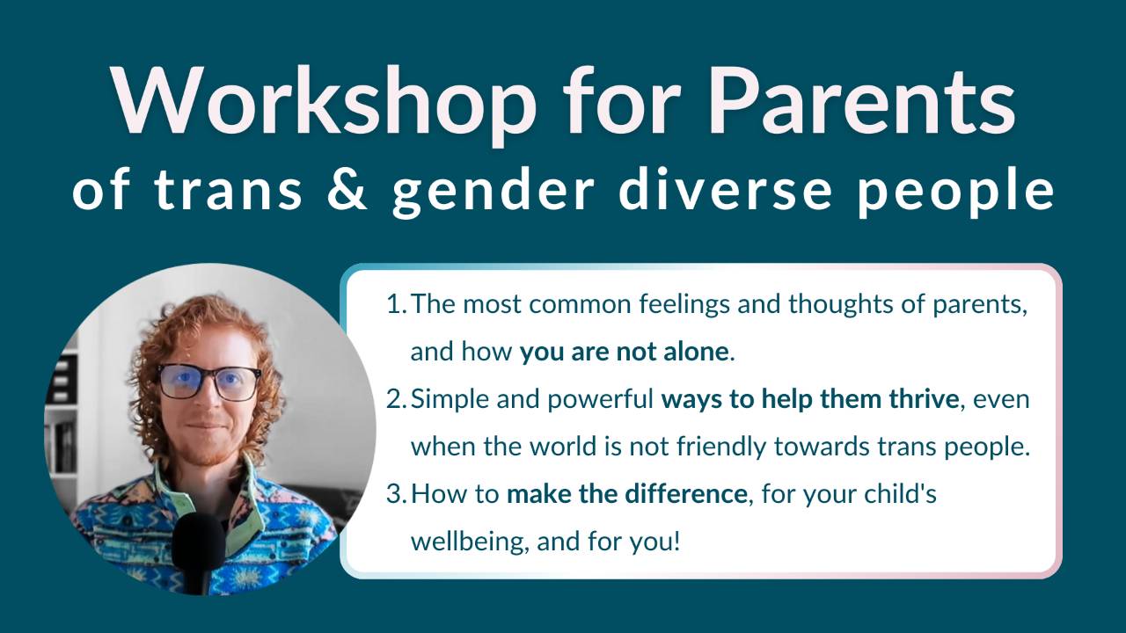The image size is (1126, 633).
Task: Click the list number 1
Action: [x=395, y=305]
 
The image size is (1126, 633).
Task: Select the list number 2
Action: [x=395, y=400]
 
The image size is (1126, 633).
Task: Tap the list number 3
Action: [x=395, y=494]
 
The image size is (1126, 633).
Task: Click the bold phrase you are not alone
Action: [x=624, y=353]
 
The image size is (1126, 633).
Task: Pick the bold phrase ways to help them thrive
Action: [x=809, y=400]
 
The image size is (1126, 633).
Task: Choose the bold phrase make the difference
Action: [x=626, y=494]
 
